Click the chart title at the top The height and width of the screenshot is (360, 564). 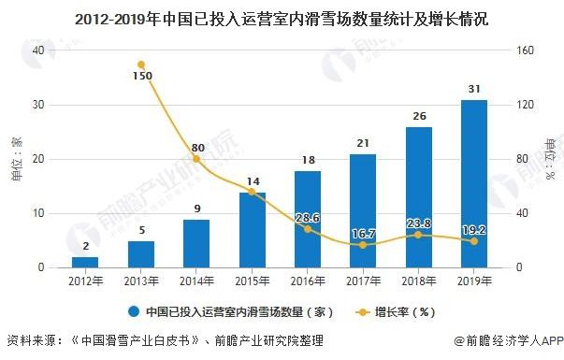click(x=282, y=17)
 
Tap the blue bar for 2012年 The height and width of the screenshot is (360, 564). click(x=84, y=262)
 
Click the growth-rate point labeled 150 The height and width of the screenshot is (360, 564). click(x=140, y=65)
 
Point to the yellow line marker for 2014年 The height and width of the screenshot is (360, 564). click(x=195, y=160)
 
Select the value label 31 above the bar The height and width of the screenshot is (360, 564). click(x=474, y=89)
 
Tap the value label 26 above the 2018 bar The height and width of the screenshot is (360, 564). click(x=418, y=116)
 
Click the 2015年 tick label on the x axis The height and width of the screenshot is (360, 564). click(x=252, y=279)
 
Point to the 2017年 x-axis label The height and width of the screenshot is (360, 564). click(x=363, y=279)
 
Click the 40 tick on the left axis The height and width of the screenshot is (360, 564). click(x=38, y=50)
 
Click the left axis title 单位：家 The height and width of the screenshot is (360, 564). click(x=16, y=159)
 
